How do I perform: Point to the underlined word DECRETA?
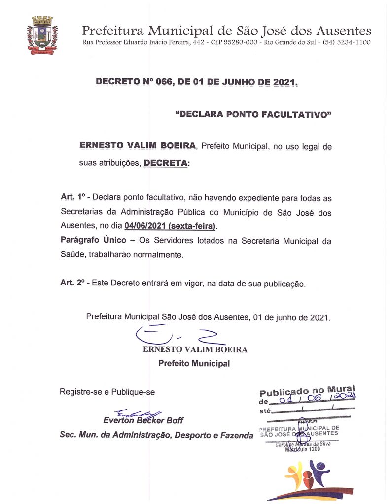click(166, 163)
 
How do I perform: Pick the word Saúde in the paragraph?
click(72, 255)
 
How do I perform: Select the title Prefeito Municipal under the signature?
click(194, 364)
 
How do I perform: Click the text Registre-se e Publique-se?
click(107, 392)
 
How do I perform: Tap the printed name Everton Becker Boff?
click(143, 421)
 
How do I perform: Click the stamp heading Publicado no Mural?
click(307, 391)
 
